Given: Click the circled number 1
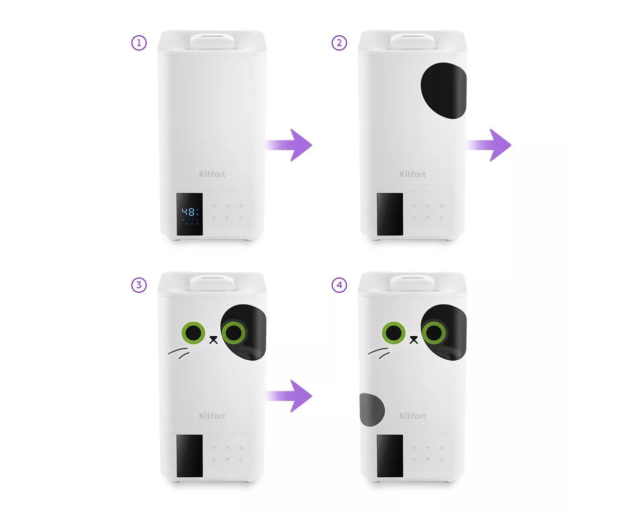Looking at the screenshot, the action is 138,43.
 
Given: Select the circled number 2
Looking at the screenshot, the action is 339,43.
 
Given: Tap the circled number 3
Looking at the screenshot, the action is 138,285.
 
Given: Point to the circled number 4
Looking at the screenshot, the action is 339,285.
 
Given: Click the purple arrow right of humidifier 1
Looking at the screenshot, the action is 289,145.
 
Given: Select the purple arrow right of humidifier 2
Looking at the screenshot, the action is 489,145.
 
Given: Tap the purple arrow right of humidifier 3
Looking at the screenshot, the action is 289,396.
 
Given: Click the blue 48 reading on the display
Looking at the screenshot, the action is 188,212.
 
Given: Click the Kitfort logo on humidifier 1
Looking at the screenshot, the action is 212,174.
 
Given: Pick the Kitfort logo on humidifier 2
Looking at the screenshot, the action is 412,174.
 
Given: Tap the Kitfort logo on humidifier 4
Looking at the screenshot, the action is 412,415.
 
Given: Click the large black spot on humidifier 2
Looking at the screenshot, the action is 444,90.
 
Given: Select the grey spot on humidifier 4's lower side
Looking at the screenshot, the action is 372,410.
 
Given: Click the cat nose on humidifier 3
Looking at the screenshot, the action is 214,340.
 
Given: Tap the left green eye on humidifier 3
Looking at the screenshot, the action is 193,333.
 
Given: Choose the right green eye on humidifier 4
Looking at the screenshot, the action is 434,333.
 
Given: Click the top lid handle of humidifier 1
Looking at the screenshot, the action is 212,41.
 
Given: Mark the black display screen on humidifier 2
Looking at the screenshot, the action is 390,214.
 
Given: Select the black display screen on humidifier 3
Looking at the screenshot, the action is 190,456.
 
